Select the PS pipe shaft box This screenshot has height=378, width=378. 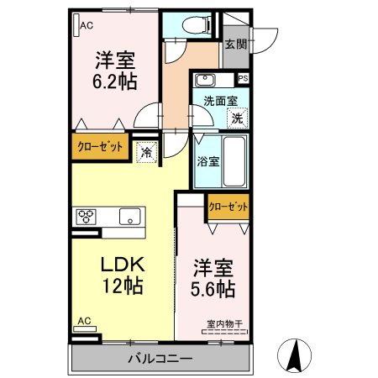tap(244, 78)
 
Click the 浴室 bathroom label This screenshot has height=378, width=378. tap(208, 159)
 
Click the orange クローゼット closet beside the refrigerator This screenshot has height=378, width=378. tap(100, 146)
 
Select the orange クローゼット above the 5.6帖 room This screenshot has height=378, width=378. tap(228, 206)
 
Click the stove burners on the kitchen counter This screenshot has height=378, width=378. tap(87, 215)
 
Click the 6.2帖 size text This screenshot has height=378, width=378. tap(115, 82)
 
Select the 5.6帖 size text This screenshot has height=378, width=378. tap(213, 288)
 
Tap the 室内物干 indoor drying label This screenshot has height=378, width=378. tap(223, 323)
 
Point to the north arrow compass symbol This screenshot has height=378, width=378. tap(296, 355)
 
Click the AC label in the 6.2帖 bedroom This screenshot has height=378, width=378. tap(87, 26)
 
